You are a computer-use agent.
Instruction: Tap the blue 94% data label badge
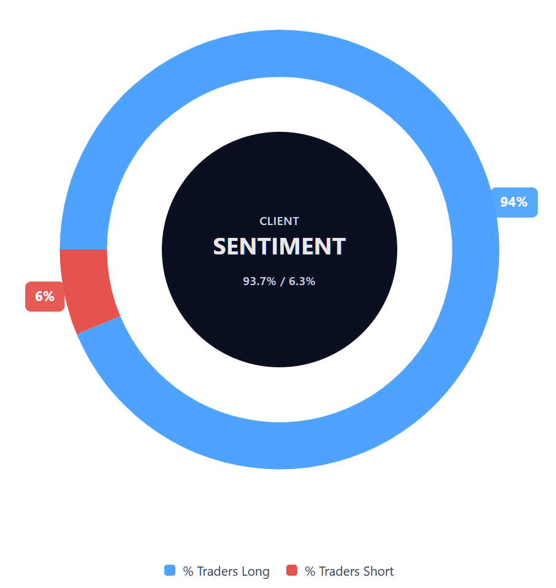click(514, 202)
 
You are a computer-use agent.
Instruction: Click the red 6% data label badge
click(45, 297)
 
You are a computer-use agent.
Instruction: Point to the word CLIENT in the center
click(280, 221)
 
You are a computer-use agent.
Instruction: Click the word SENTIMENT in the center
click(280, 246)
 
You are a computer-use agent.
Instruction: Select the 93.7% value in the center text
click(259, 281)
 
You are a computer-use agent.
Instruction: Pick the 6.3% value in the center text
click(302, 281)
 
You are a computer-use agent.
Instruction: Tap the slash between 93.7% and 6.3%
click(282, 281)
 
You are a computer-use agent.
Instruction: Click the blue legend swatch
click(170, 571)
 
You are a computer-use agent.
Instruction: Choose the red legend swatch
click(292, 571)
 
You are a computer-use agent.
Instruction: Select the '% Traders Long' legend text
click(226, 571)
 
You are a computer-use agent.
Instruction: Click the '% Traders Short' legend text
click(349, 571)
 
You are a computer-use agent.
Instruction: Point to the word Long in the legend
click(256, 571)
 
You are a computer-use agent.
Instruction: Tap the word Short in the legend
click(379, 571)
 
